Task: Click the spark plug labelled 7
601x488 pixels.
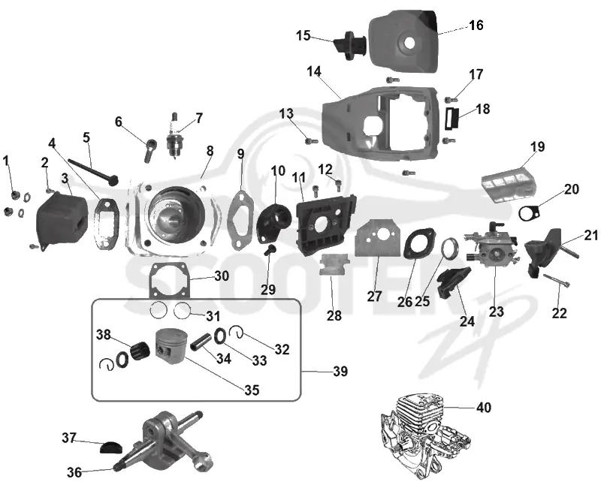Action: coord(174,135)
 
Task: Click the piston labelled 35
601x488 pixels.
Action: coord(172,348)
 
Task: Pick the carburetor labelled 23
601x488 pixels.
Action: coord(491,243)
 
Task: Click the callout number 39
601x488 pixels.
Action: coord(340,371)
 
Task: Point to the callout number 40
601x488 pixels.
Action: coord(483,407)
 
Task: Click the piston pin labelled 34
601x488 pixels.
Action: coord(201,342)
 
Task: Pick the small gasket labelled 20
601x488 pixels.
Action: coord(529,213)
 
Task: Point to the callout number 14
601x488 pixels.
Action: coord(314,71)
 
